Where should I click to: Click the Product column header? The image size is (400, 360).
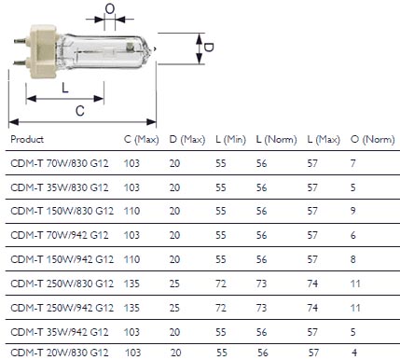click(x=27, y=139)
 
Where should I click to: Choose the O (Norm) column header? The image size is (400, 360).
click(x=367, y=139)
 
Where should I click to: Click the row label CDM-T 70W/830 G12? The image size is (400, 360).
click(x=62, y=163)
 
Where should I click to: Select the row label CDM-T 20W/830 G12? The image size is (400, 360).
click(x=62, y=353)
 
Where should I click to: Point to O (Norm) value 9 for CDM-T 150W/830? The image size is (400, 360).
click(x=352, y=211)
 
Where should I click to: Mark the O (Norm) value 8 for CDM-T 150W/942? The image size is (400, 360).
click(x=352, y=258)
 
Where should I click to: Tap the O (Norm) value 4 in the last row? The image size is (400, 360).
click(x=352, y=353)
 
